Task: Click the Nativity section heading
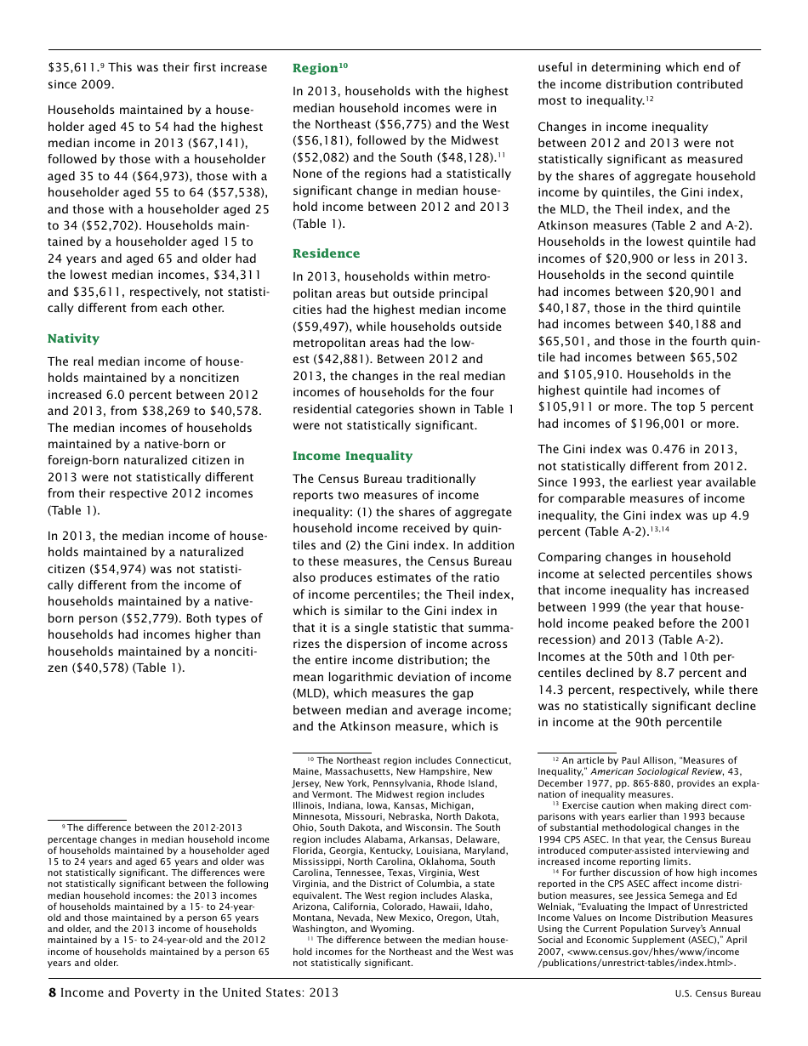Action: click(73, 338)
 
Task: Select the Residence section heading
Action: click(326, 253)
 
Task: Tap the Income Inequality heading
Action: click(352, 456)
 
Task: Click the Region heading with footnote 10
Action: click(320, 68)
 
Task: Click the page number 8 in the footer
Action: click(52, 993)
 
